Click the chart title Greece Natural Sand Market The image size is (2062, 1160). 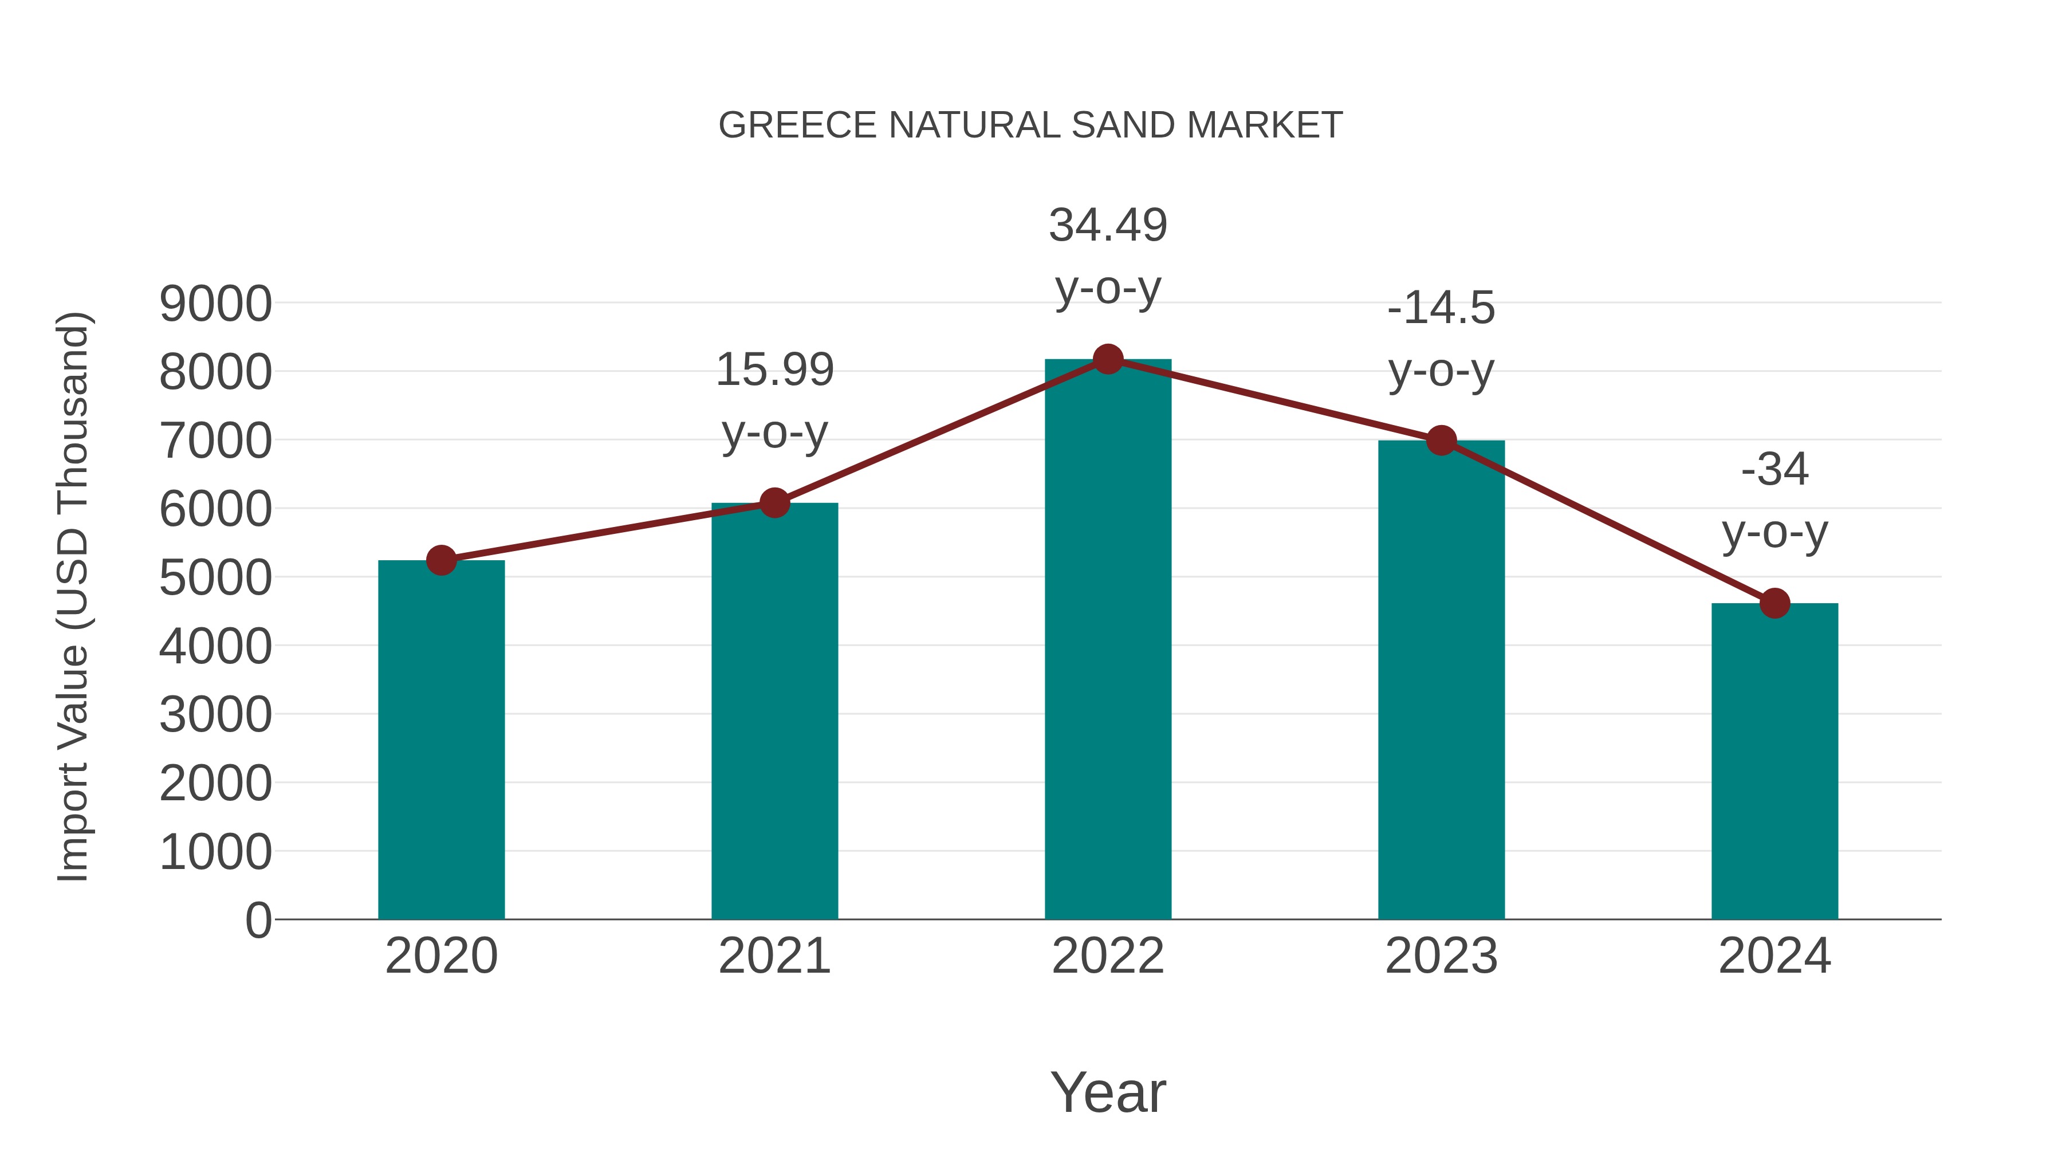coord(1030,125)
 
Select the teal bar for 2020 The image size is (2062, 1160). coord(441,741)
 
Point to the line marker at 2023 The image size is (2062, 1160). coord(1441,441)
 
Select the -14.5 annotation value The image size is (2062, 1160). coord(1441,308)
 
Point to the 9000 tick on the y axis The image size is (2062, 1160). coord(215,304)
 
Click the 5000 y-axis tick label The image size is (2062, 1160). coord(215,578)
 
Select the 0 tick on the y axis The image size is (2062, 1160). coord(258,921)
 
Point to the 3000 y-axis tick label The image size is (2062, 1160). coord(215,715)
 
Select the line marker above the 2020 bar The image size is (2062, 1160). coord(441,560)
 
